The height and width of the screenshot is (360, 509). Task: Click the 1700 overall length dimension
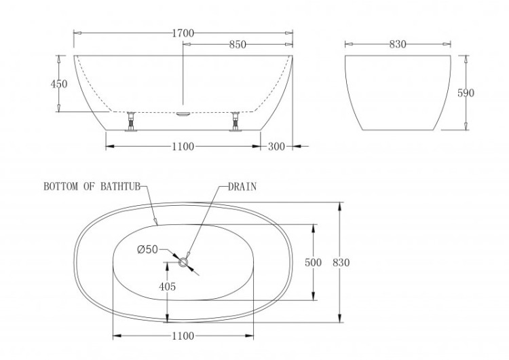pyautogui.click(x=183, y=33)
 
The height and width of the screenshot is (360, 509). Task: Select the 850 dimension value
pyautogui.click(x=238, y=45)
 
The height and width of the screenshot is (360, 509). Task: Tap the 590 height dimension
pyautogui.click(x=466, y=93)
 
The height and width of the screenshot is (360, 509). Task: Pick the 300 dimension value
pyautogui.click(x=276, y=146)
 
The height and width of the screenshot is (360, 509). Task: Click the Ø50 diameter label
pyautogui.click(x=148, y=250)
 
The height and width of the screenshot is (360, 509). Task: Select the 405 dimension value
pyautogui.click(x=167, y=287)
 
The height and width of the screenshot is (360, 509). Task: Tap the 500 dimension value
pyautogui.click(x=313, y=263)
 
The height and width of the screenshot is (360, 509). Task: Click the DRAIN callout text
pyautogui.click(x=242, y=187)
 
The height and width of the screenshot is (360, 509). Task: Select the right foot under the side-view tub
pyautogui.click(x=235, y=122)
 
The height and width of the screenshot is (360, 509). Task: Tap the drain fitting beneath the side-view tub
pyautogui.click(x=183, y=114)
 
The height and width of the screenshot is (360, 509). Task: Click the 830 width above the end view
pyautogui.click(x=398, y=45)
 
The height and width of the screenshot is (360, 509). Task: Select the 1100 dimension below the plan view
pyautogui.click(x=183, y=336)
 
